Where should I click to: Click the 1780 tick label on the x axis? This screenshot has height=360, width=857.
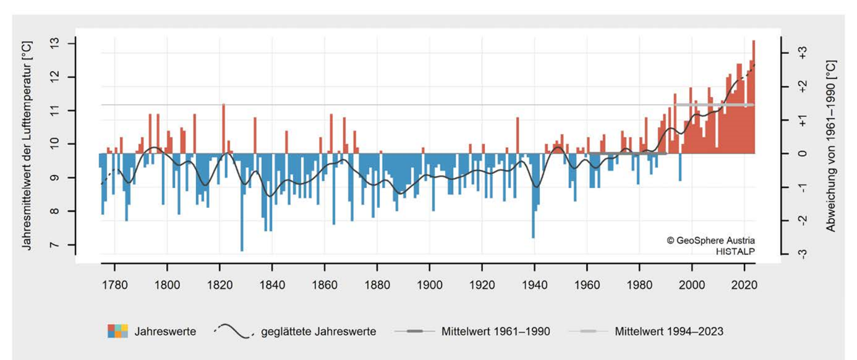[114, 286]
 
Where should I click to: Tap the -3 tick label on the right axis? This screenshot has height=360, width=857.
[802, 254]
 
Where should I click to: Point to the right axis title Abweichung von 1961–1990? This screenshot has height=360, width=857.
[831, 146]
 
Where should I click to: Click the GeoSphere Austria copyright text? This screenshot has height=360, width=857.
[711, 240]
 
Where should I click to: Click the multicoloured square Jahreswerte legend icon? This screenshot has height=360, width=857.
[117, 332]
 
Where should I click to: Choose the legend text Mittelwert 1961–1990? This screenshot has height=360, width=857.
[495, 332]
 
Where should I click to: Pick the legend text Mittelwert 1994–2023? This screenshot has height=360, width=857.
[668, 332]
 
